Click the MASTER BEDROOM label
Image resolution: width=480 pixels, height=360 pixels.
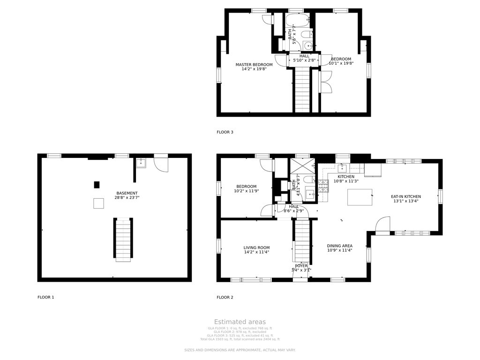coord(254,65)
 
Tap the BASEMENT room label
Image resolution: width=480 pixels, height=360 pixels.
coord(127,193)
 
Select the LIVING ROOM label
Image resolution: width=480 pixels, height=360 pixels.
coord(256,247)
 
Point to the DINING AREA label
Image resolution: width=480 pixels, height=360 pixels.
coord(340,246)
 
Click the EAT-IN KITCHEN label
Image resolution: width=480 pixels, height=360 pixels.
coord(406,196)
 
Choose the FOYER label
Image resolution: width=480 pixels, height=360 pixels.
coord(301,266)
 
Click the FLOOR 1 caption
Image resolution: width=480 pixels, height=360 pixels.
coord(46,297)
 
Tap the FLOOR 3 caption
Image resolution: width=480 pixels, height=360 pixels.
coord(225,132)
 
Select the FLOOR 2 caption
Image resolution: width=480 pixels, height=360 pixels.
coord(225,297)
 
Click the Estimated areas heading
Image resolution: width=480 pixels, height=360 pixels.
coord(240,322)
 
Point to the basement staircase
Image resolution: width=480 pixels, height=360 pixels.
coord(123,239)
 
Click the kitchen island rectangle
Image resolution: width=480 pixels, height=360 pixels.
coord(360,197)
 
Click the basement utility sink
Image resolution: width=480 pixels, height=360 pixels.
coord(141,163)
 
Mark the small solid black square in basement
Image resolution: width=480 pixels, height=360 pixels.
coord(97,185)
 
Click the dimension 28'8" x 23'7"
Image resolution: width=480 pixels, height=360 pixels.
coord(127,198)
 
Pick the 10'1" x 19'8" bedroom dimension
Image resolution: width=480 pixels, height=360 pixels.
coord(341,63)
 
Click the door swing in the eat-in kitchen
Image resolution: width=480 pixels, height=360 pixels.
coord(383,225)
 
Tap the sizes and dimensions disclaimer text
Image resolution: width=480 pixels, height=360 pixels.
coord(240,350)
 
